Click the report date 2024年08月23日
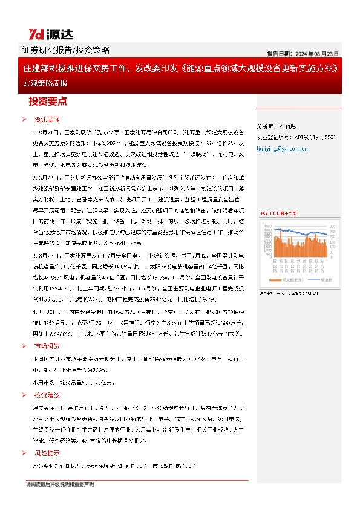pyautogui.click(x=303, y=52)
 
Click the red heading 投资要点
pyautogui.click(x=51, y=102)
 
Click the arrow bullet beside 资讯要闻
pyautogui.click(x=24, y=120)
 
